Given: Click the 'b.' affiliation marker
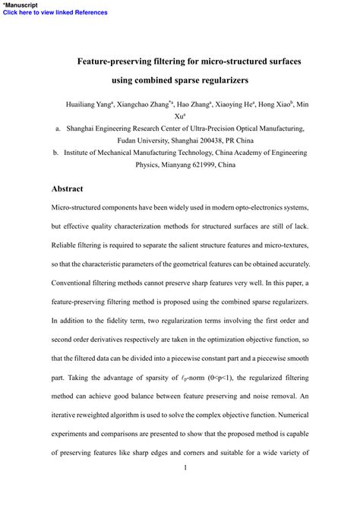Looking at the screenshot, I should coord(55,152).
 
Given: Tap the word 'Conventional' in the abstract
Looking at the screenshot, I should coord(77,285).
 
